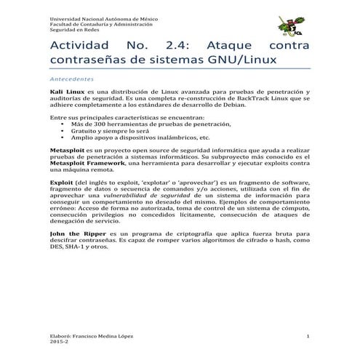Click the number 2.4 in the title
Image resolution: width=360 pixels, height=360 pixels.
tap(177, 45)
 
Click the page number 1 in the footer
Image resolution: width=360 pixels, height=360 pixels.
tap(308, 336)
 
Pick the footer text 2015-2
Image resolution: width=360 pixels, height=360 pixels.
tap(58, 343)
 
